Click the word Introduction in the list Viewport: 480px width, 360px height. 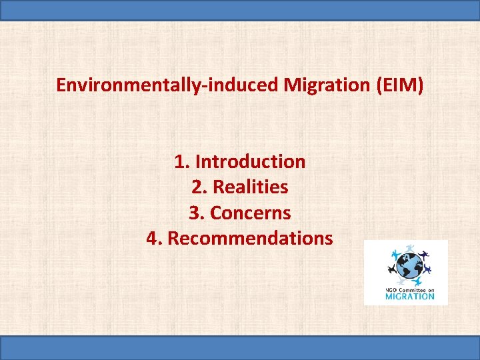(x=250, y=161)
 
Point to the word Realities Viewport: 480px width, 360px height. (x=250, y=187)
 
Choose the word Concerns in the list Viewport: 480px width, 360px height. (x=250, y=213)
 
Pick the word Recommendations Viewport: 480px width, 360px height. (x=250, y=238)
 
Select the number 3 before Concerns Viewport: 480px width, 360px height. (x=194, y=213)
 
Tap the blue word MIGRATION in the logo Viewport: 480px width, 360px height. (x=410, y=297)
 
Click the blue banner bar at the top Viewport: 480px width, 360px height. (x=240, y=10)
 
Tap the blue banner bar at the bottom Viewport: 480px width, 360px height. (x=240, y=348)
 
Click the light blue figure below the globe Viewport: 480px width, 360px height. (x=417, y=282)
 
